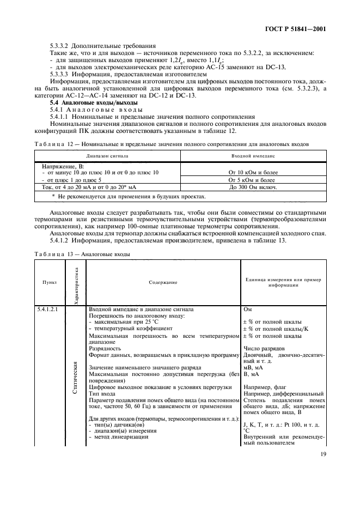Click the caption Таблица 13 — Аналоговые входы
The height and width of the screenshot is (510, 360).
(x=81, y=253)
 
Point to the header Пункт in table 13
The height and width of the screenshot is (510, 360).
(x=50, y=282)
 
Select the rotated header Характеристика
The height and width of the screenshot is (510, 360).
(x=76, y=282)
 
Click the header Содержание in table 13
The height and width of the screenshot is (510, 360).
(x=163, y=282)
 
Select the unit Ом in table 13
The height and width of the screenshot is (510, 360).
(x=248, y=309)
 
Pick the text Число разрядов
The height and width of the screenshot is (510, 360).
(x=264, y=348)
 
